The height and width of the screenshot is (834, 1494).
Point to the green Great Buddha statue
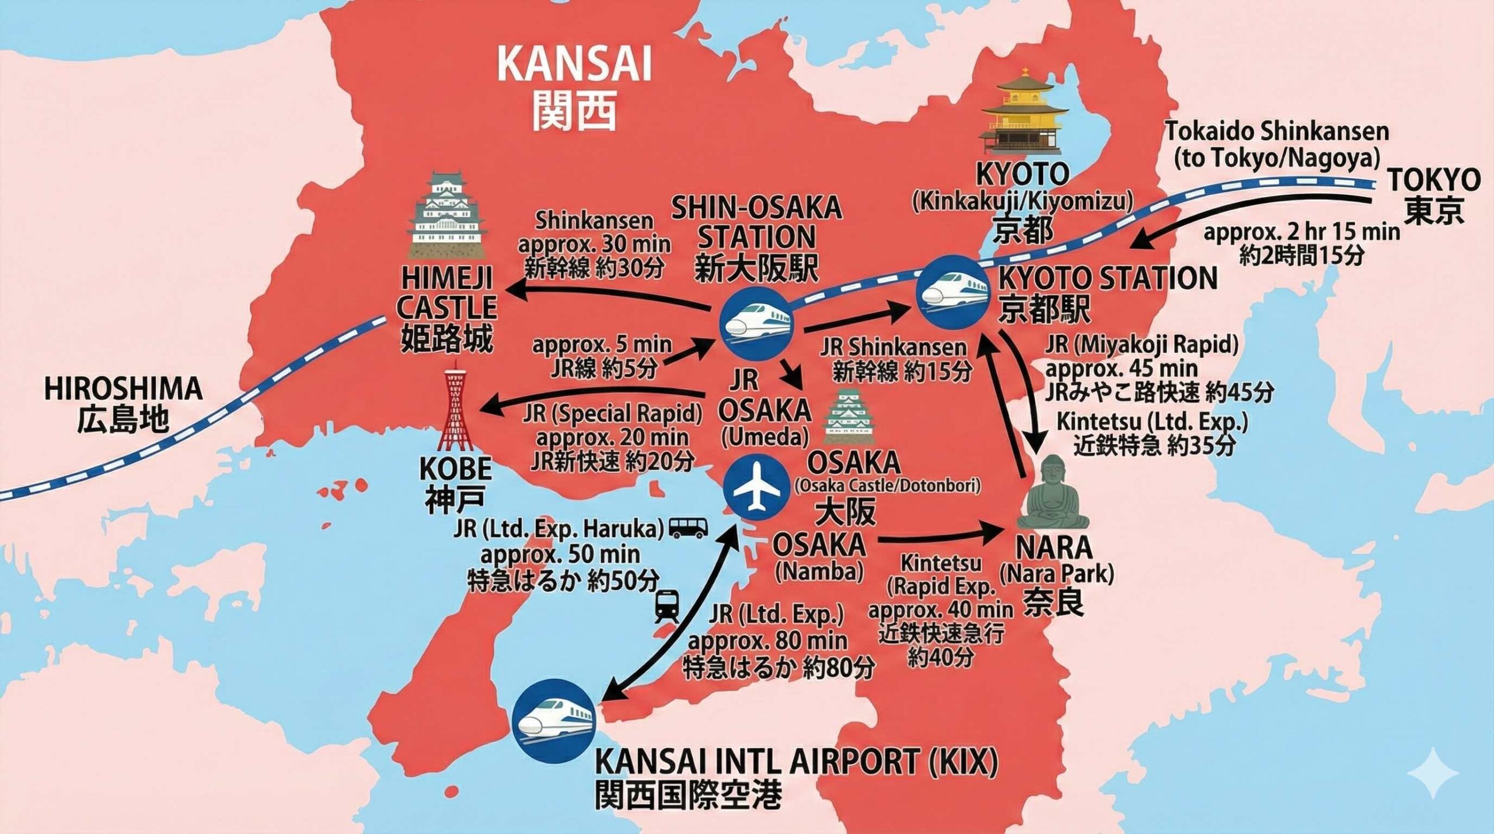[1054, 494]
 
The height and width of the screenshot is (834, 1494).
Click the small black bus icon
[689, 528]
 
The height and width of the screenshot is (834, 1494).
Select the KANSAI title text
[574, 65]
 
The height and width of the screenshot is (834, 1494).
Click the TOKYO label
[1433, 180]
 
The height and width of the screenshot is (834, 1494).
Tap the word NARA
[1054, 548]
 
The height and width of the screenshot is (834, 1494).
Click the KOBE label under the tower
[456, 469]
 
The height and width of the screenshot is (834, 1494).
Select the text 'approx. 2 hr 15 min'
[1302, 232]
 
